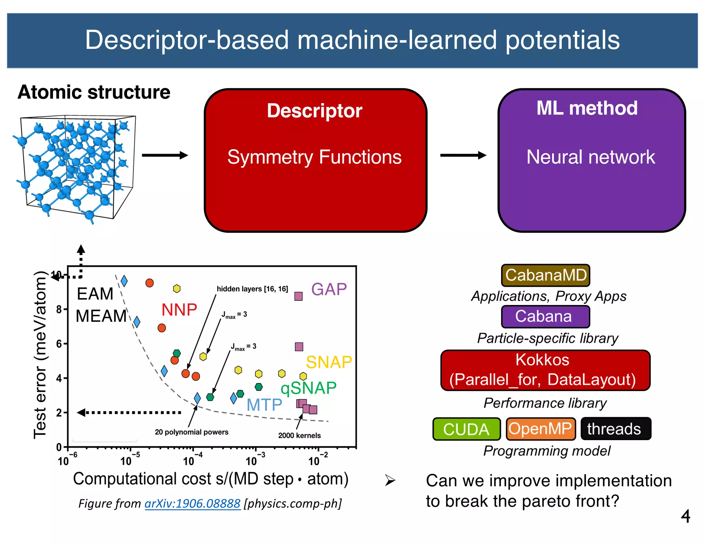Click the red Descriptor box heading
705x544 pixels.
pos(314,111)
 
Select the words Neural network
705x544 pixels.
pos(590,157)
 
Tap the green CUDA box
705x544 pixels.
pos(466,429)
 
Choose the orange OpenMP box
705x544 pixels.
pos(540,429)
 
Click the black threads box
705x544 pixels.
pos(615,429)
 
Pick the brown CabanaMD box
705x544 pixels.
pos(546,275)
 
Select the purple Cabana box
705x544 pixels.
pos(545,316)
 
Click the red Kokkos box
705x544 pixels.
pos(545,370)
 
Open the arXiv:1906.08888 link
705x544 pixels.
pos(192,503)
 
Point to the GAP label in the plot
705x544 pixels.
pos(329,289)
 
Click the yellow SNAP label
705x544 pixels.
pos(329,362)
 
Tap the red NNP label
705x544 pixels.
pos(179,310)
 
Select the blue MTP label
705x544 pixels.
pos(264,405)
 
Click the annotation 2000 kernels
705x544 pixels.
pos(299,435)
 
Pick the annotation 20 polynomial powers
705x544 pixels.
pos(191,432)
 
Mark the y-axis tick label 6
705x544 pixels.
pos(59,344)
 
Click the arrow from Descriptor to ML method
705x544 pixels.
pos(463,155)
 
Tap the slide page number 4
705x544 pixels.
pos(685,516)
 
